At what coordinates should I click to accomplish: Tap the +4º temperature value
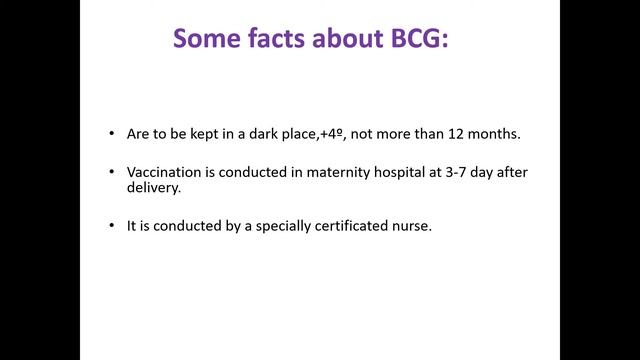pos(332,134)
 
